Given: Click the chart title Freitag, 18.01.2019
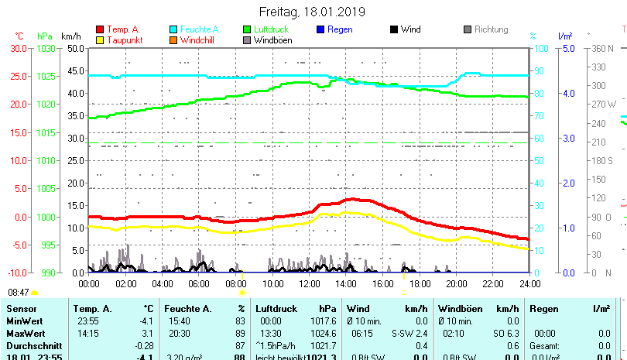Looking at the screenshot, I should click(x=313, y=12).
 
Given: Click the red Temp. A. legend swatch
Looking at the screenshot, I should click(x=100, y=29).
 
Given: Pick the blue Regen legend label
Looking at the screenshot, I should click(x=340, y=29).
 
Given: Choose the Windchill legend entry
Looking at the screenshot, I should click(x=198, y=39).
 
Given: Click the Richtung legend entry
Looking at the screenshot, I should click(x=491, y=29).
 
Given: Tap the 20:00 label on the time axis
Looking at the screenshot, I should click(x=455, y=283).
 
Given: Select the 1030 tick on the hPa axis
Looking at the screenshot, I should click(x=46, y=48).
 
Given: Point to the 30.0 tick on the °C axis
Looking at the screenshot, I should click(x=19, y=48).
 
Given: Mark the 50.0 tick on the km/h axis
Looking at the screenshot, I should click(x=75, y=48).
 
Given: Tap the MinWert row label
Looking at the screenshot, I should click(x=23, y=321).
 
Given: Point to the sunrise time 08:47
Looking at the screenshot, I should click(x=19, y=293).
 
